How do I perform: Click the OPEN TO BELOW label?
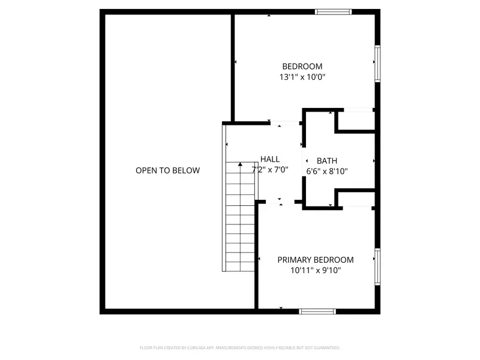[x=167, y=170]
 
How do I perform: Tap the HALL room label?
[x=270, y=159]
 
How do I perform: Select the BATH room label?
[x=327, y=161]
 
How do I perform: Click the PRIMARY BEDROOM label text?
[x=315, y=260]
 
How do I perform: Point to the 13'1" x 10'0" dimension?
[x=303, y=77]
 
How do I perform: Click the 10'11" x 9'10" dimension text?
[x=315, y=270]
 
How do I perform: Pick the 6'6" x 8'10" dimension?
[x=327, y=171]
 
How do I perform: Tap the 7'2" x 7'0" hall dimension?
[x=270, y=169]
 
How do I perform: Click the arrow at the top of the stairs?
[x=241, y=164]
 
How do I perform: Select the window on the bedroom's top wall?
[x=334, y=11]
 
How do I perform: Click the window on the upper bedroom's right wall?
[x=377, y=64]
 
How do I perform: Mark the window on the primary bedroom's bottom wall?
[x=317, y=311]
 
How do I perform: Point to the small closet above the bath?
[x=355, y=120]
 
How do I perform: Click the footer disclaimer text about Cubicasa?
[x=240, y=347]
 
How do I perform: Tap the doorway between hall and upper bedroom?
[x=285, y=124]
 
